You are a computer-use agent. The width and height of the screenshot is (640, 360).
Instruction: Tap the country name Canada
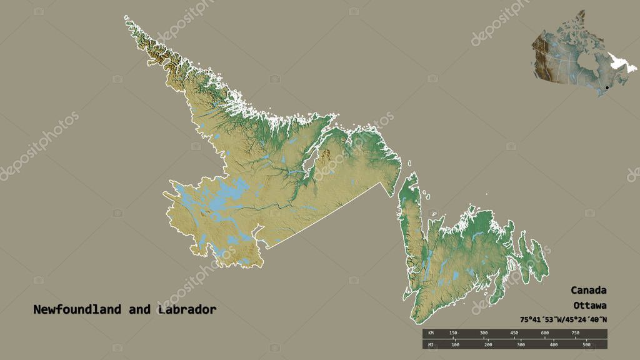click(x=587, y=291)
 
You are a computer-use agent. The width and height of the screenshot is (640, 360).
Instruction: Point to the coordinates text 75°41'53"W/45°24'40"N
click(x=562, y=320)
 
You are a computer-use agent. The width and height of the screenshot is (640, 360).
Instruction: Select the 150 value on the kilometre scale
click(x=453, y=332)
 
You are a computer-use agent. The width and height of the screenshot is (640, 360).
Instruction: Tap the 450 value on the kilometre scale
click(x=514, y=332)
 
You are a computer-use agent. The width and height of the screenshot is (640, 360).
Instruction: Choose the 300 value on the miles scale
click(x=521, y=344)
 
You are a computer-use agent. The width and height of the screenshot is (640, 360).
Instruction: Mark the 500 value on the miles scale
click(x=586, y=344)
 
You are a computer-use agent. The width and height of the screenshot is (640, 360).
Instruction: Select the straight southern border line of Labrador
click(x=325, y=216)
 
